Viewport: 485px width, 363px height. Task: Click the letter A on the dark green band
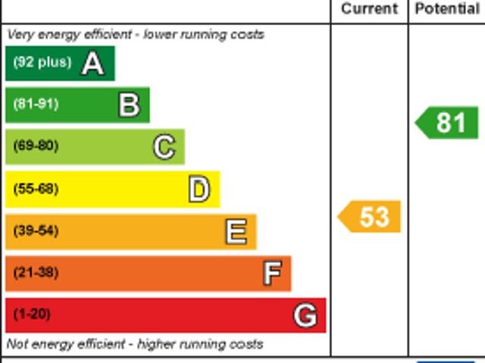pyautogui.click(x=92, y=63)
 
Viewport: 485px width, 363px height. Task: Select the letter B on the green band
pyautogui.click(x=129, y=105)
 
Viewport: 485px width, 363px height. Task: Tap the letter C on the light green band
pyautogui.click(x=164, y=146)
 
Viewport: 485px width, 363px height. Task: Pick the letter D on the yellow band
pyautogui.click(x=199, y=189)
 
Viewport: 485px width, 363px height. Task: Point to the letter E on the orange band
pyautogui.click(x=236, y=231)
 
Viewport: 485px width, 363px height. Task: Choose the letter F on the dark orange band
pyautogui.click(x=272, y=273)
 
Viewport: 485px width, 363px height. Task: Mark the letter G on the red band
pyautogui.click(x=305, y=314)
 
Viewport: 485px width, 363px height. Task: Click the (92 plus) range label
pyautogui.click(x=42, y=63)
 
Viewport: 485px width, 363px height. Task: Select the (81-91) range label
pyautogui.click(x=36, y=105)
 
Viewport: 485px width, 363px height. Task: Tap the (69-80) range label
pyautogui.click(x=36, y=146)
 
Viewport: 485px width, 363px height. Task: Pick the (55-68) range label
pyautogui.click(x=36, y=189)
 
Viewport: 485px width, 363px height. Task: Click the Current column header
pyautogui.click(x=369, y=9)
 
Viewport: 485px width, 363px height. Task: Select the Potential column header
pyautogui.click(x=447, y=9)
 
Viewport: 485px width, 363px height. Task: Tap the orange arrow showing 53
pyautogui.click(x=370, y=217)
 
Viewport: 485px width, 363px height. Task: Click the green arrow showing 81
pyautogui.click(x=448, y=122)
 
